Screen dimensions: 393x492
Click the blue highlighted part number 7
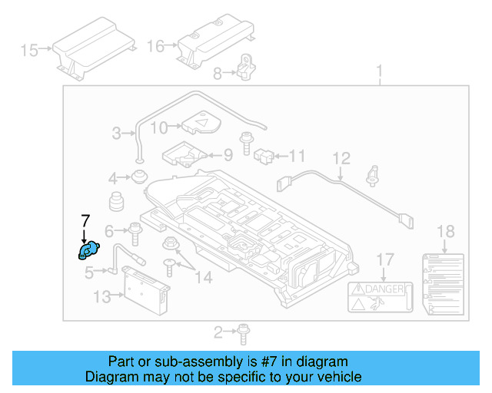[x=88, y=251]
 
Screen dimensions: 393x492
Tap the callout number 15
[x=29, y=51]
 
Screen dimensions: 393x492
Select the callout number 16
[x=156, y=46]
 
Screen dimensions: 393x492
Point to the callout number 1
[x=379, y=73]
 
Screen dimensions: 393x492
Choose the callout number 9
[x=228, y=155]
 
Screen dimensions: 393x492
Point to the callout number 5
[x=89, y=271]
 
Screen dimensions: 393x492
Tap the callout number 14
[x=202, y=276]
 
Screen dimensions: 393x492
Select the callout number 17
[x=384, y=259]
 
